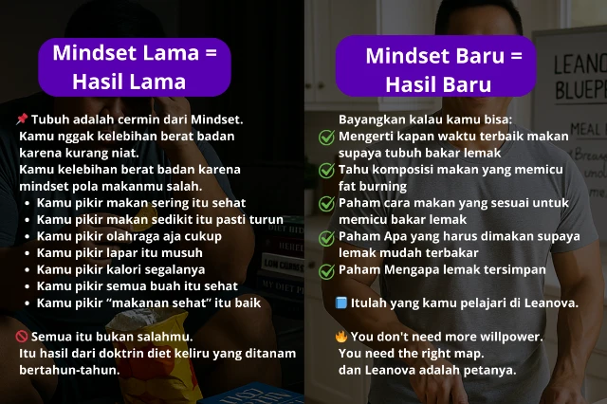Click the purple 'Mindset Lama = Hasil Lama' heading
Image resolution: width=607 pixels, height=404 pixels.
coord(135,66)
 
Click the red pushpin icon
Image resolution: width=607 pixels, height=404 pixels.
coord(22,119)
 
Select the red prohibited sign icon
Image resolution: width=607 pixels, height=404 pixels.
coord(22,337)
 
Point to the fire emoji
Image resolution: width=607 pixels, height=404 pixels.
coord(341,337)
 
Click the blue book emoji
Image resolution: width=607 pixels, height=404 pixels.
coord(341,303)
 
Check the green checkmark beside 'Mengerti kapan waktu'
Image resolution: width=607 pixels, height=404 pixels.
coord(326,138)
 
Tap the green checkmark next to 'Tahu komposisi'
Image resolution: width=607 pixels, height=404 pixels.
coord(326,171)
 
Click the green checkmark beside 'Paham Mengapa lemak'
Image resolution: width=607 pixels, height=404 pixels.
coord(326,271)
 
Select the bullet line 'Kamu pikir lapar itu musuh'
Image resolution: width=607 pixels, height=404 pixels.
coord(120,253)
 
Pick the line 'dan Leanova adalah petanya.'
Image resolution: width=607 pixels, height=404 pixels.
coord(427,370)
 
